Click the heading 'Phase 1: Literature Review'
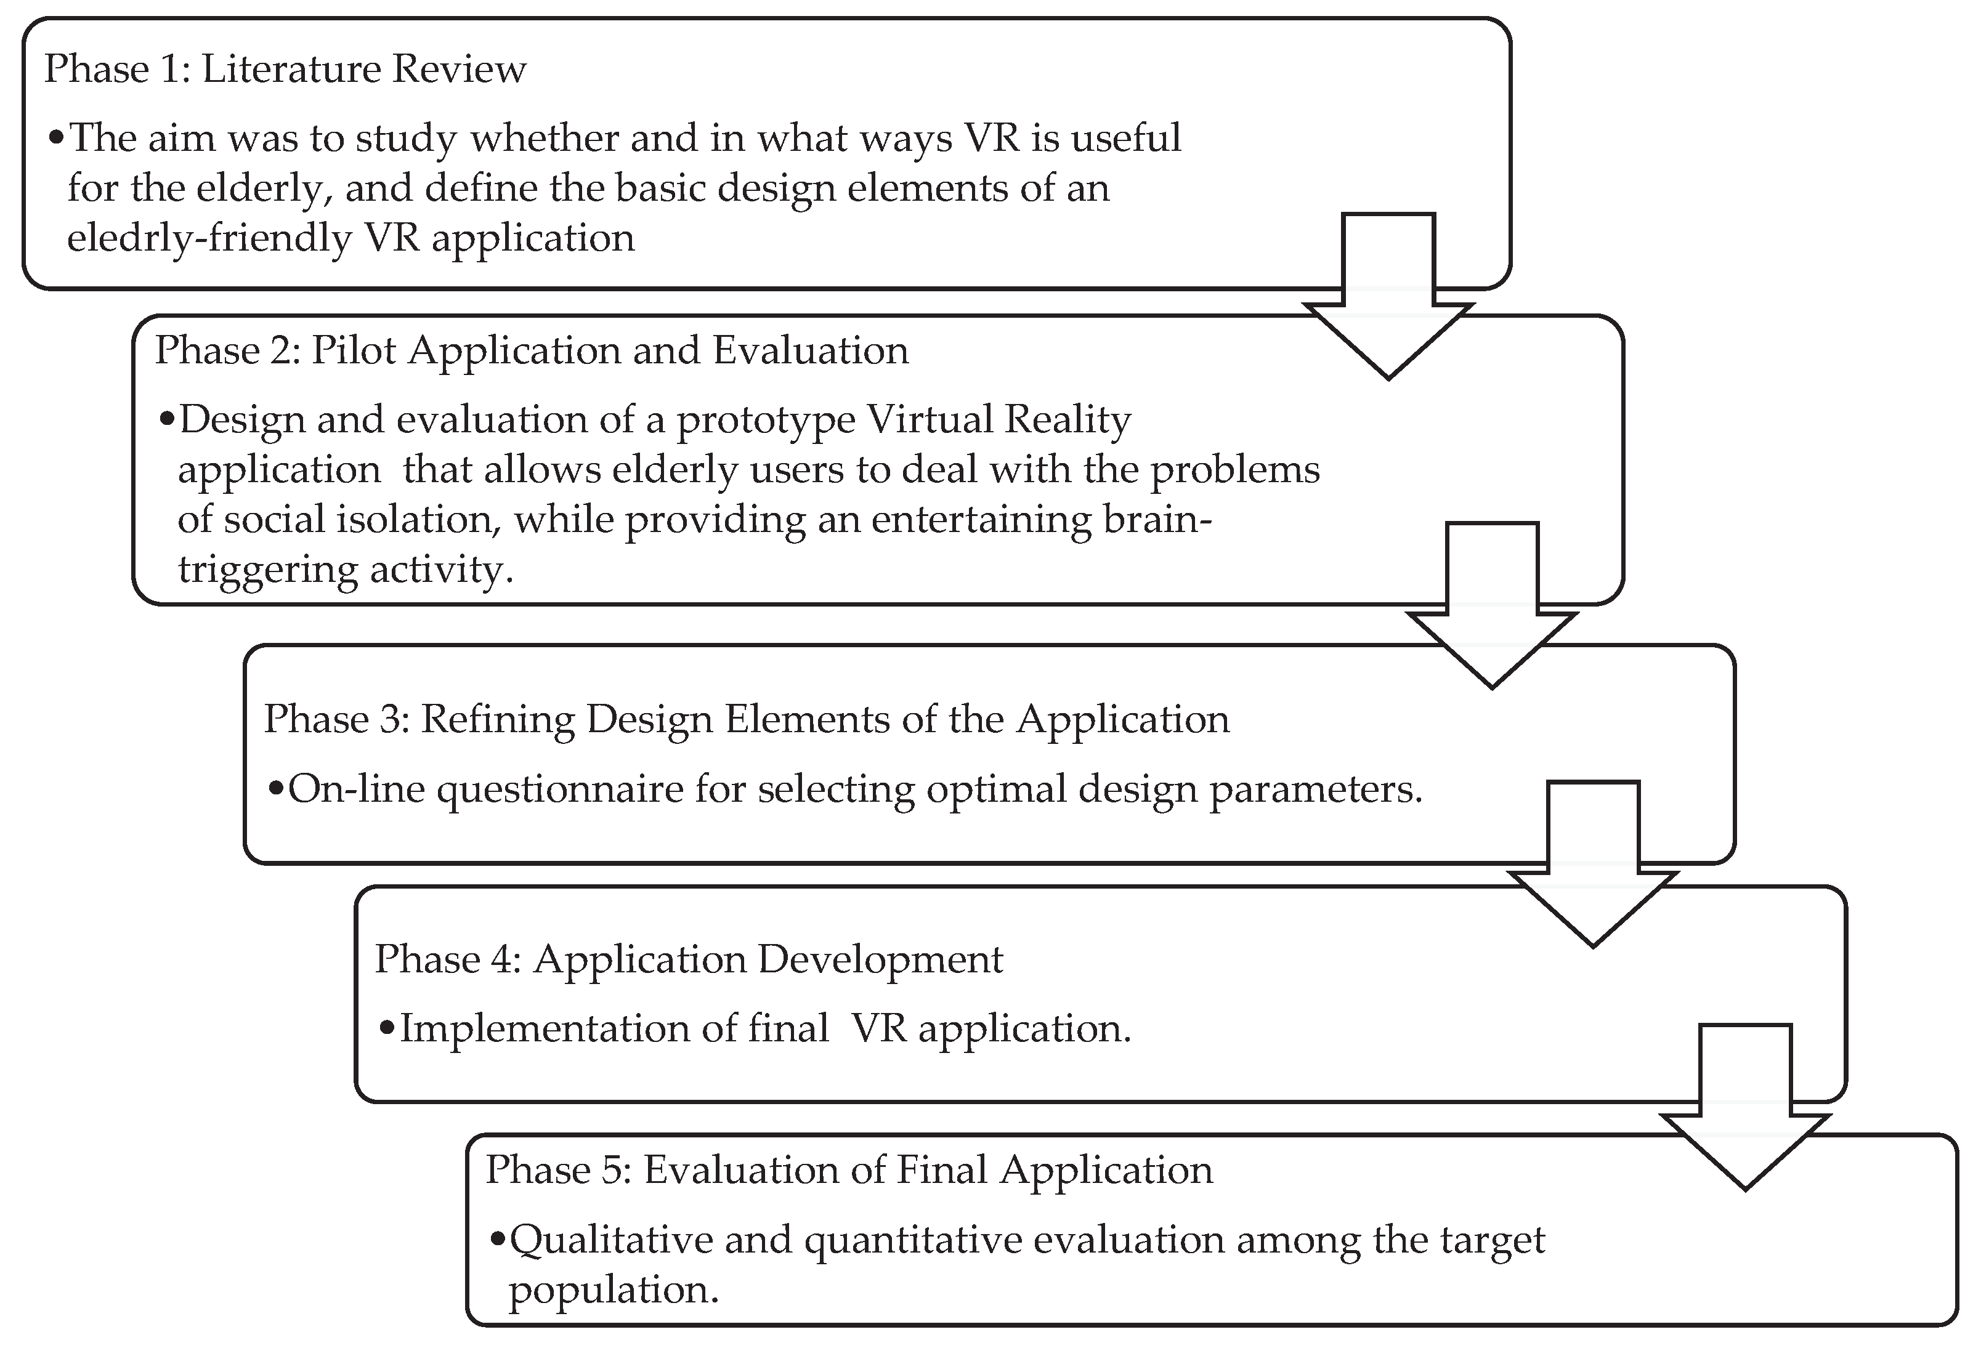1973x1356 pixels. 285,70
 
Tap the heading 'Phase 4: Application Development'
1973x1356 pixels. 688,960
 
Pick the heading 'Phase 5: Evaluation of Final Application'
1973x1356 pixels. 849,1171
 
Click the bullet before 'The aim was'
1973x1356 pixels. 56,138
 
